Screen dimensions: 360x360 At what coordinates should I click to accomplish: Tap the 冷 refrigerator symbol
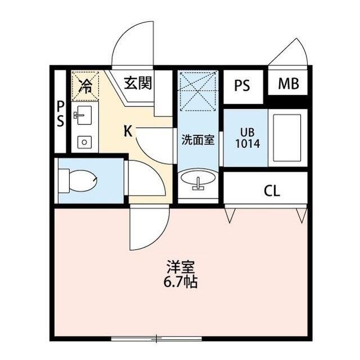pyautogui.click(x=85, y=85)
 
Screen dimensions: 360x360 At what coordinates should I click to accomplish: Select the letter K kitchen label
pyautogui.click(x=128, y=131)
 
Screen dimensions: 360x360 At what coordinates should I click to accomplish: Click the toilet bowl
pyautogui.click(x=78, y=181)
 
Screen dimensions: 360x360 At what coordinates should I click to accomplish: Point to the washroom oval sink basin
pyautogui.click(x=198, y=178)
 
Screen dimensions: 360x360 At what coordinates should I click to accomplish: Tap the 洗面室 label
pyautogui.click(x=198, y=139)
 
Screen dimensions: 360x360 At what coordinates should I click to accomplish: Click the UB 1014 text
pyautogui.click(x=247, y=138)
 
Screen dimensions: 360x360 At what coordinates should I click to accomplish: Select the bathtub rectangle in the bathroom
pyautogui.click(x=287, y=138)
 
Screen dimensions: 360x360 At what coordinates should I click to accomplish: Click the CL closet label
pyautogui.click(x=272, y=191)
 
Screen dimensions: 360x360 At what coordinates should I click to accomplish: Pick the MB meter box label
pyautogui.click(x=289, y=84)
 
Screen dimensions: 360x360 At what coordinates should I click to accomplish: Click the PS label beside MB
pyautogui.click(x=242, y=85)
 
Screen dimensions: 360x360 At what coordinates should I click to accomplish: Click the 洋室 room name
pyautogui.click(x=181, y=267)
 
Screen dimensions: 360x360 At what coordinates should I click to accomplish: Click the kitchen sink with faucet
pyautogui.click(x=83, y=115)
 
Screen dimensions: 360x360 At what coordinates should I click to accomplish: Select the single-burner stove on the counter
pyautogui.click(x=84, y=142)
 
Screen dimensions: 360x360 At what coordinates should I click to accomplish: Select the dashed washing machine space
pyautogui.click(x=198, y=91)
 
